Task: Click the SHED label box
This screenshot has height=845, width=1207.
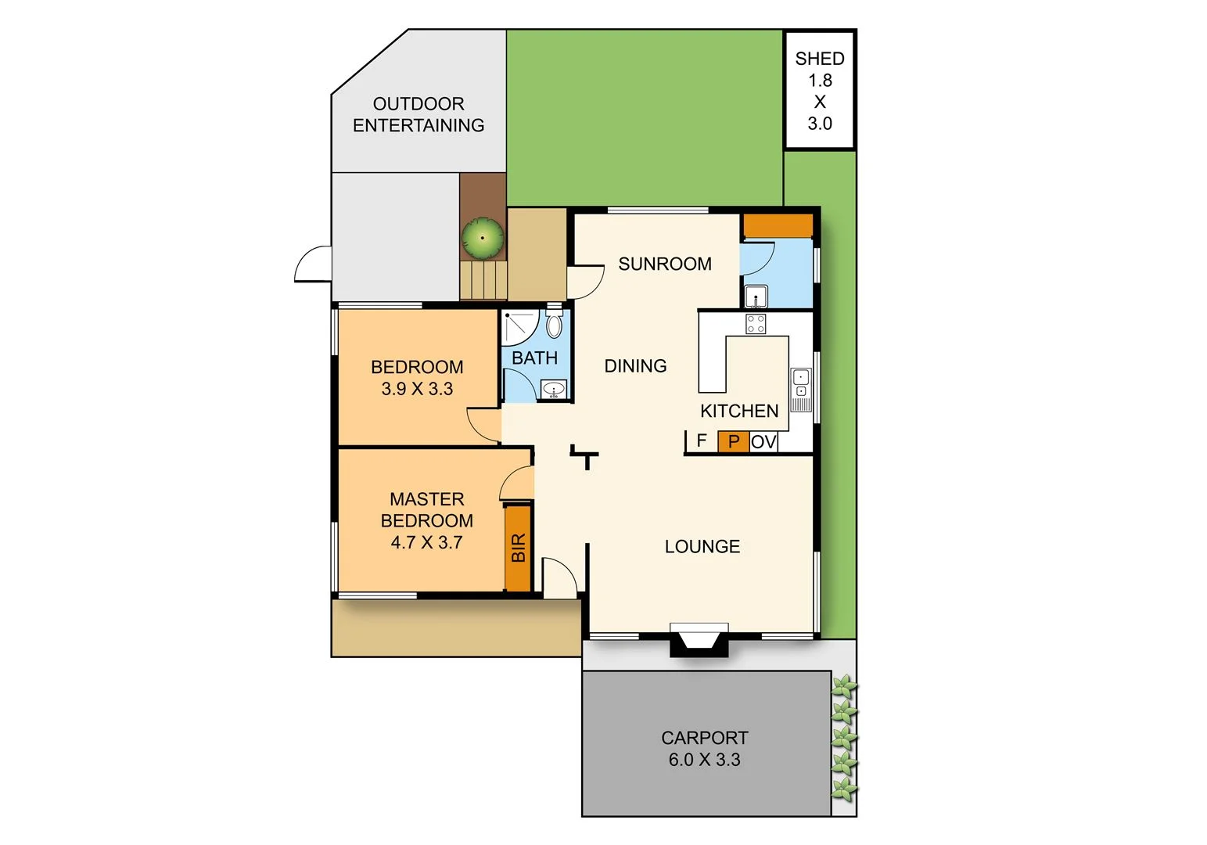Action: [819, 90]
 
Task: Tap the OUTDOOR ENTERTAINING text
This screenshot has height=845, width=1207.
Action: [418, 114]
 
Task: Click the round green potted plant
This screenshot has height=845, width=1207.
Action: [482, 238]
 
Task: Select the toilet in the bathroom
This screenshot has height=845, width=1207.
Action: [554, 325]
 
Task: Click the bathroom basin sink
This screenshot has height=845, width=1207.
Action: [554, 389]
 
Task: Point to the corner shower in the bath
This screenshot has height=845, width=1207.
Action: [517, 327]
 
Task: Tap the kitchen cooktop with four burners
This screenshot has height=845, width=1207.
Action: [756, 324]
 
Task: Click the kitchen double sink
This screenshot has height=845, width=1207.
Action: [801, 390]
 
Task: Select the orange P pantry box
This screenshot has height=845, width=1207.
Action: [733, 442]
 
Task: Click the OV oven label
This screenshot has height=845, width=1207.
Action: [763, 442]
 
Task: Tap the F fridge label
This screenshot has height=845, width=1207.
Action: [702, 440]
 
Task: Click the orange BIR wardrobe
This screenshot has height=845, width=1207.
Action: [518, 548]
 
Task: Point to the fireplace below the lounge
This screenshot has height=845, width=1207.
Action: [699, 640]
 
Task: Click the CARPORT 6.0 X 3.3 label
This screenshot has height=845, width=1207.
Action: [704, 749]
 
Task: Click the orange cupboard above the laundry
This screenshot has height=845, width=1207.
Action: [778, 226]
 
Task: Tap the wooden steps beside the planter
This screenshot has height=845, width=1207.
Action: [483, 280]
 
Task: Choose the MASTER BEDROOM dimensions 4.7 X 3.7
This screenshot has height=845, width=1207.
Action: [426, 542]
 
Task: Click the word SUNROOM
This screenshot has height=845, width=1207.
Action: [664, 264]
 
